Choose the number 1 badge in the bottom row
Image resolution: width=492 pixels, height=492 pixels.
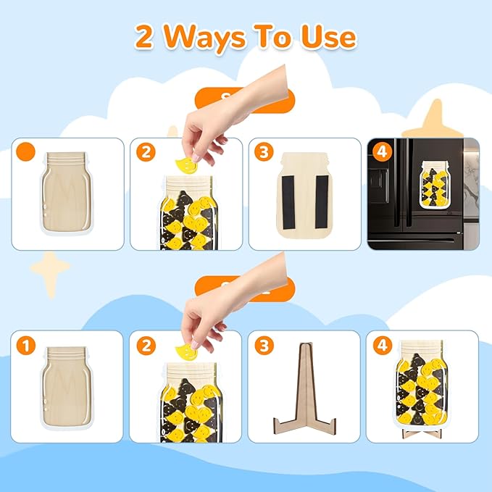point(26,346)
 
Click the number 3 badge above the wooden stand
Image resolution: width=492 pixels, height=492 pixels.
point(264,346)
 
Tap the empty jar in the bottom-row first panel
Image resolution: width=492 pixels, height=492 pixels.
point(67,391)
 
